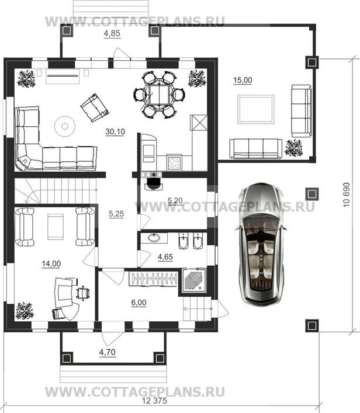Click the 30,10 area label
[x=115, y=131]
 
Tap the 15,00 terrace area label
[x=243, y=80]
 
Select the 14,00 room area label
[x=51, y=263]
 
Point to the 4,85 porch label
[x=112, y=33]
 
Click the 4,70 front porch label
[x=108, y=352]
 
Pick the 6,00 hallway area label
[x=139, y=303]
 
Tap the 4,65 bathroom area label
[x=165, y=256]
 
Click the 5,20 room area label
[x=175, y=201]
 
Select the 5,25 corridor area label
[x=116, y=214]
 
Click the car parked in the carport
[x=261, y=244]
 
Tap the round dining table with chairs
[x=159, y=95]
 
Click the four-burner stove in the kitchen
[x=174, y=162]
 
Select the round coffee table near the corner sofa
[x=65, y=126]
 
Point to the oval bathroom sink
[x=154, y=238]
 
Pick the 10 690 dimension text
[x=347, y=195]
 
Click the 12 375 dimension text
[x=154, y=401]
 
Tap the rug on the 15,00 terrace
[x=255, y=109]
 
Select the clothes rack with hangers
[x=153, y=279]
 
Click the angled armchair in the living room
[x=95, y=107]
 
